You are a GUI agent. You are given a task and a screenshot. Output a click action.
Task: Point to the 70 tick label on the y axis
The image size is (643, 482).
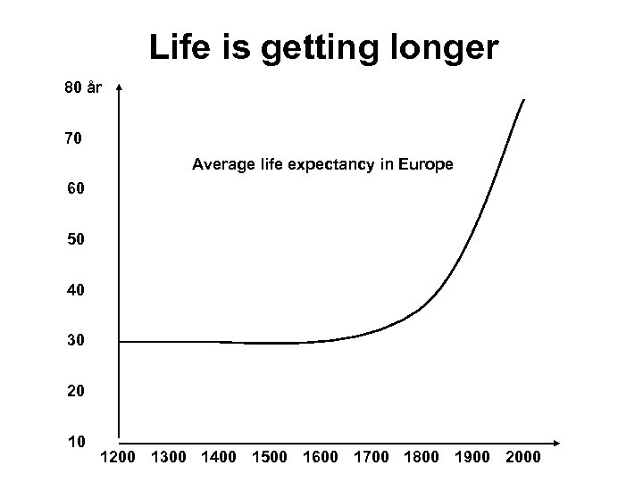(74, 139)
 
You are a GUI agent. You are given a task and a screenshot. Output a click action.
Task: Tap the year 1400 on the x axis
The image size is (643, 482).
(219, 458)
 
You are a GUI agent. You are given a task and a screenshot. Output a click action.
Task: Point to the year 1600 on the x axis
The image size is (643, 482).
(321, 458)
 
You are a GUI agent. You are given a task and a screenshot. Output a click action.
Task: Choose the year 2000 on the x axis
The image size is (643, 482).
(522, 458)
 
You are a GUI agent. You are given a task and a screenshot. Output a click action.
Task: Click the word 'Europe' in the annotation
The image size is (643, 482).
(426, 164)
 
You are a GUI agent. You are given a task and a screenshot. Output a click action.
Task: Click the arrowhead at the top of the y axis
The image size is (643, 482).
(120, 88)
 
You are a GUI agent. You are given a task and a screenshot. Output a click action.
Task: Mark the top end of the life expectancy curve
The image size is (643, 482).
(524, 99)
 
